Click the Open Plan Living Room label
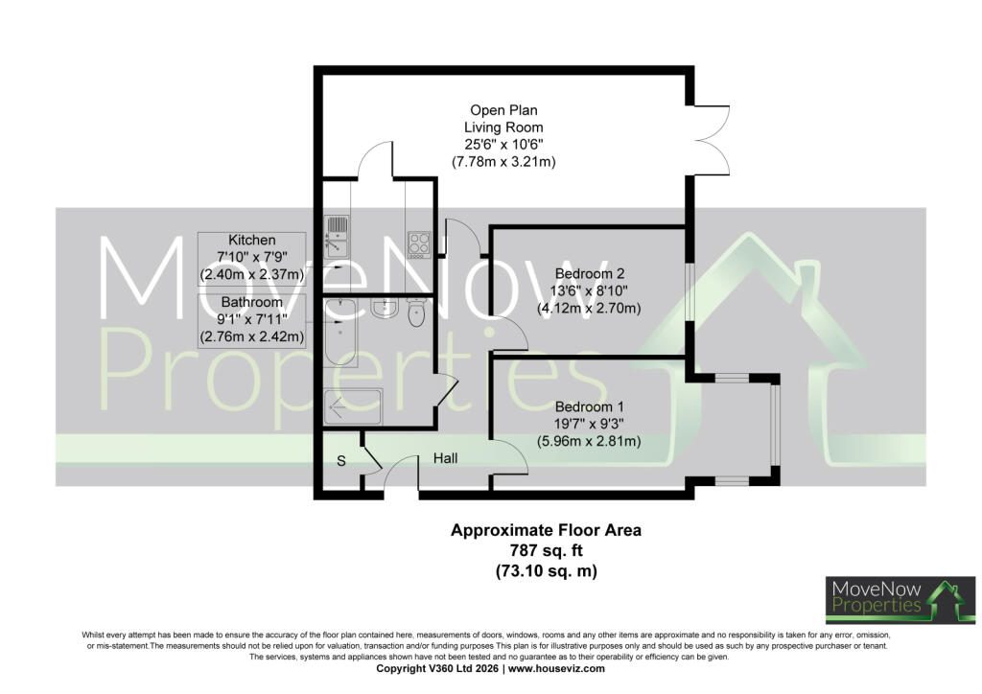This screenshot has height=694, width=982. [x=503, y=118]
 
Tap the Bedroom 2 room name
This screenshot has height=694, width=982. [x=590, y=273]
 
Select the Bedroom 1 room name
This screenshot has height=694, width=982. [x=590, y=406]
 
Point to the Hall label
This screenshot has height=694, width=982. [x=445, y=458]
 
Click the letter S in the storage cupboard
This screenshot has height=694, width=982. [x=341, y=461]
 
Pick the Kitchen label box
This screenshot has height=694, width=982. [x=252, y=259]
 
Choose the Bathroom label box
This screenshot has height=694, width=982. [x=252, y=321]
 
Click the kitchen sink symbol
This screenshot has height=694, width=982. [x=337, y=237]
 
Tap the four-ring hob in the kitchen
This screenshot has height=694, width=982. [x=418, y=244]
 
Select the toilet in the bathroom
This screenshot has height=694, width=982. [x=416, y=312]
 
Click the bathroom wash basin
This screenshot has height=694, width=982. [x=383, y=308]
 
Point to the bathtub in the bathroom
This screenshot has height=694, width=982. [x=340, y=333]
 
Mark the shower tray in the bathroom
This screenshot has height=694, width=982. [x=353, y=406]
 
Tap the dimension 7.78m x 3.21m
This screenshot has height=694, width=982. [x=503, y=161]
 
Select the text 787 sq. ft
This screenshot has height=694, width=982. [x=546, y=550]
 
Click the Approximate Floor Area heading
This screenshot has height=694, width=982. [x=546, y=530]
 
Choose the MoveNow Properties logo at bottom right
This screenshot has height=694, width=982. [x=900, y=600]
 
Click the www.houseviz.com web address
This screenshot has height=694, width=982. [x=556, y=668]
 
